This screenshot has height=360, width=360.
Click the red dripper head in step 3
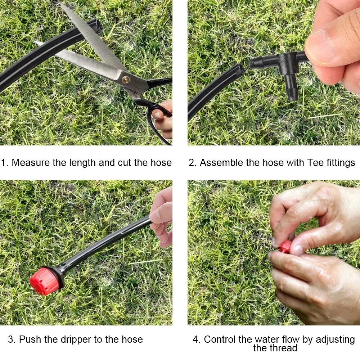pyautogui.click(x=43, y=281)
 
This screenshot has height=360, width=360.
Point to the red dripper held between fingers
pyautogui.click(x=285, y=247)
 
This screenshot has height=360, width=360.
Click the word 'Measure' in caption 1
pyautogui.click(x=31, y=163)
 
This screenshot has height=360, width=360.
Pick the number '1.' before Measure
pyautogui.click(x=5, y=163)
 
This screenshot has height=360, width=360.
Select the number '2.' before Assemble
pyautogui.click(x=193, y=163)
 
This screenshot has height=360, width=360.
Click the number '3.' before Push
pyautogui.click(x=12, y=339)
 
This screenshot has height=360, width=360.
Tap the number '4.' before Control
pyautogui.click(x=197, y=339)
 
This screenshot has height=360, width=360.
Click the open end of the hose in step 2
pyautogui.click(x=240, y=69)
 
